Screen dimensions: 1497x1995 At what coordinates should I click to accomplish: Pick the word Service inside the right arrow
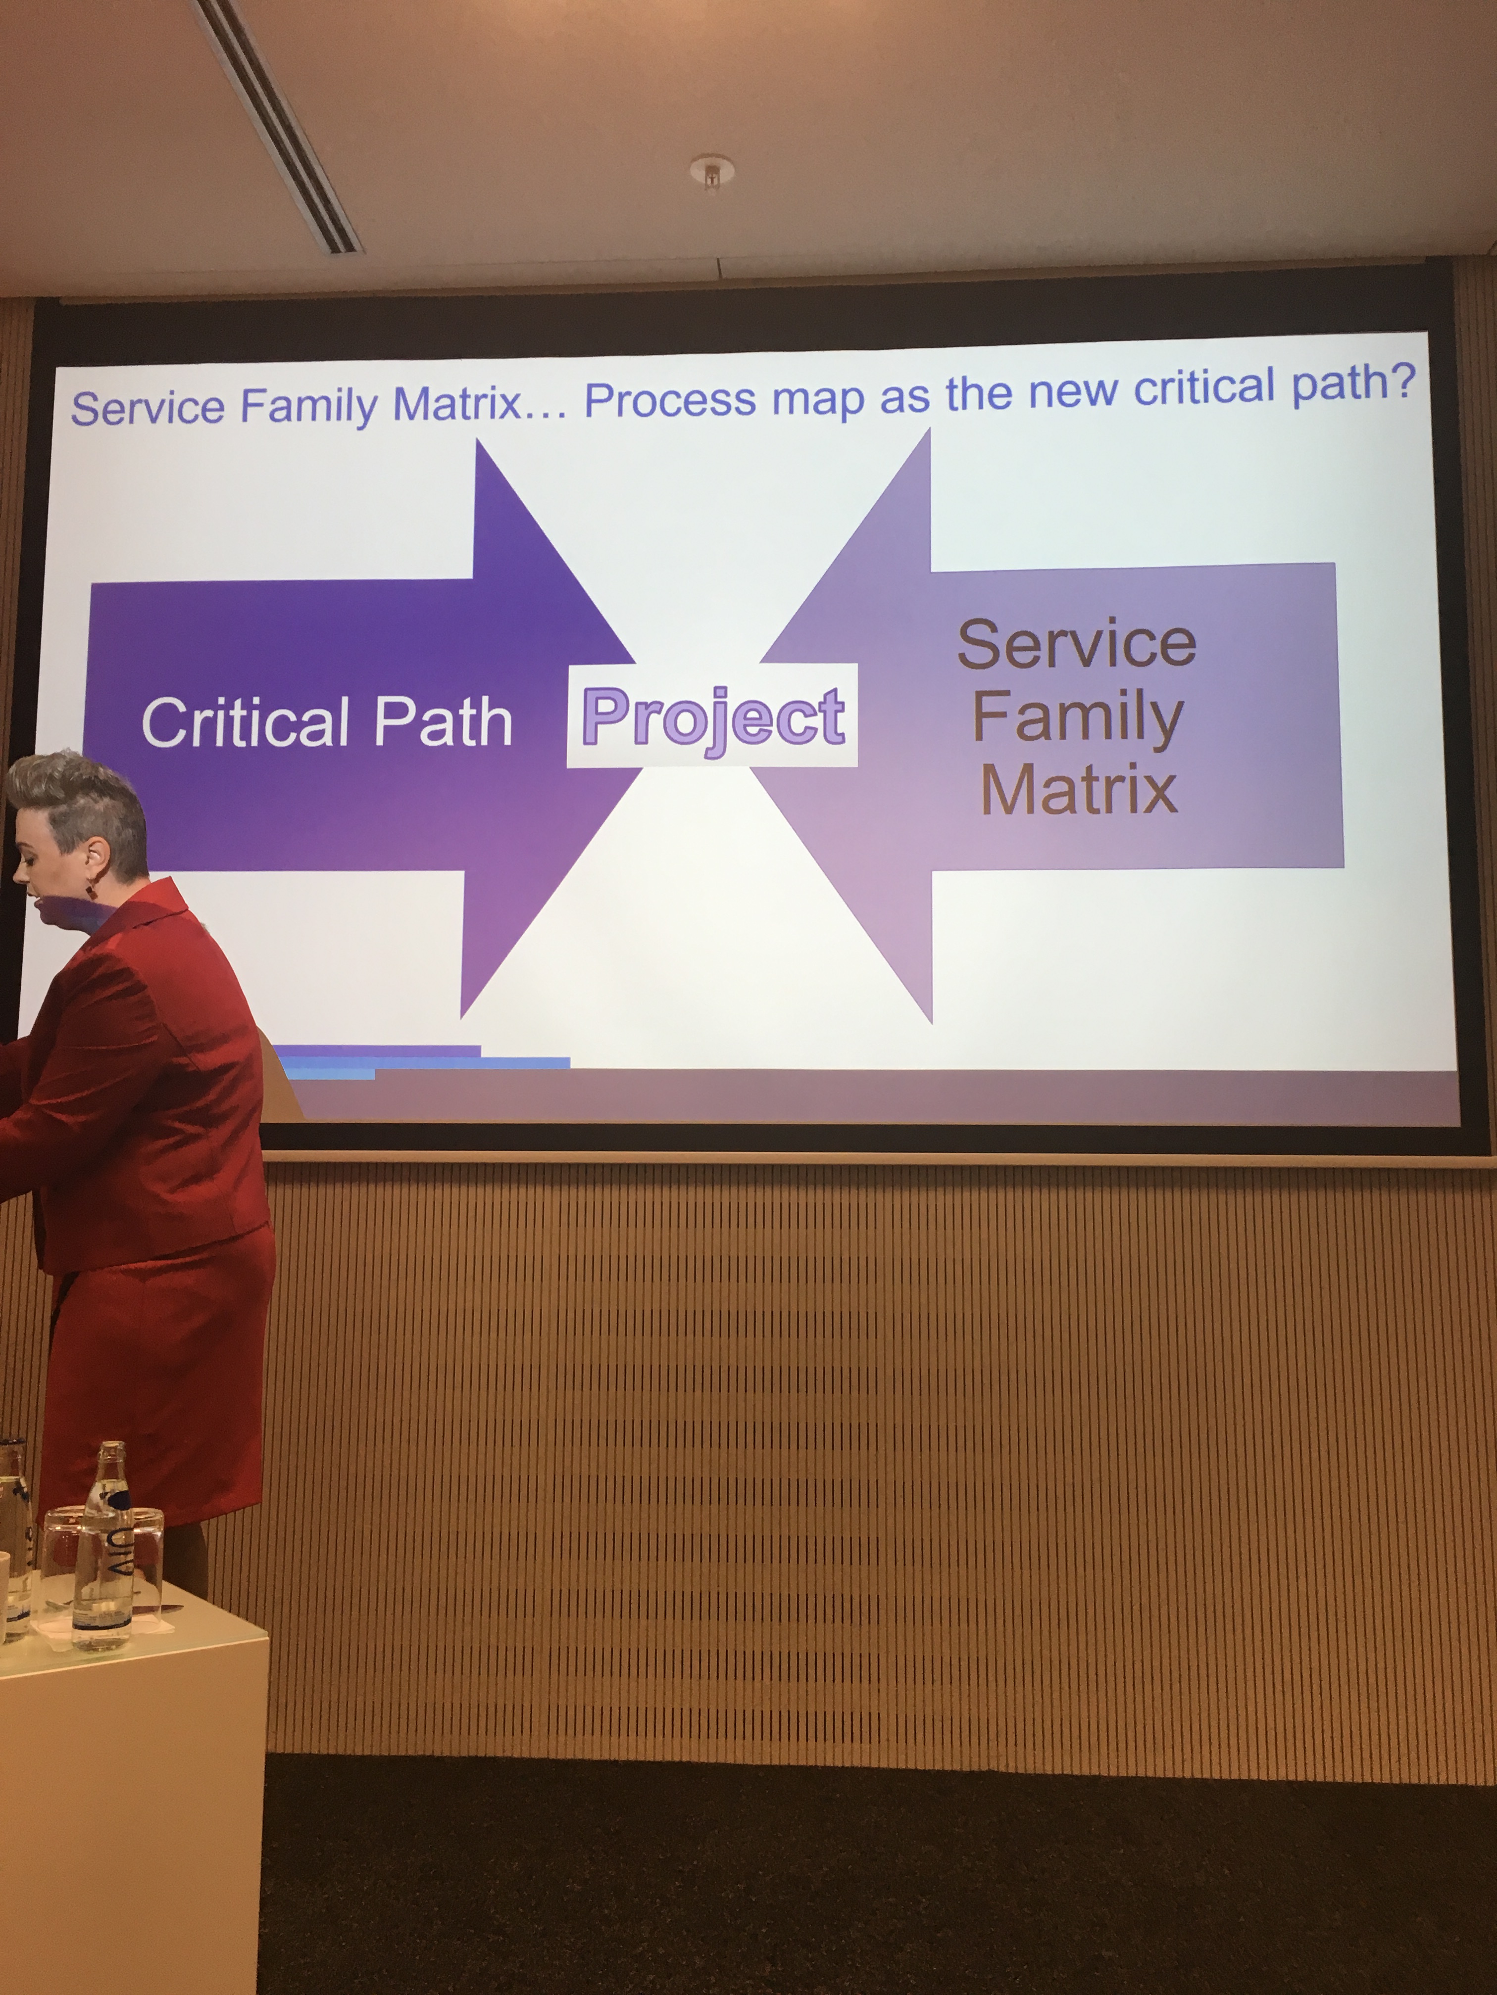click(1077, 643)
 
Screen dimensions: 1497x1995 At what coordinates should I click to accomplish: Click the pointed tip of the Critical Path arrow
click(634, 663)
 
